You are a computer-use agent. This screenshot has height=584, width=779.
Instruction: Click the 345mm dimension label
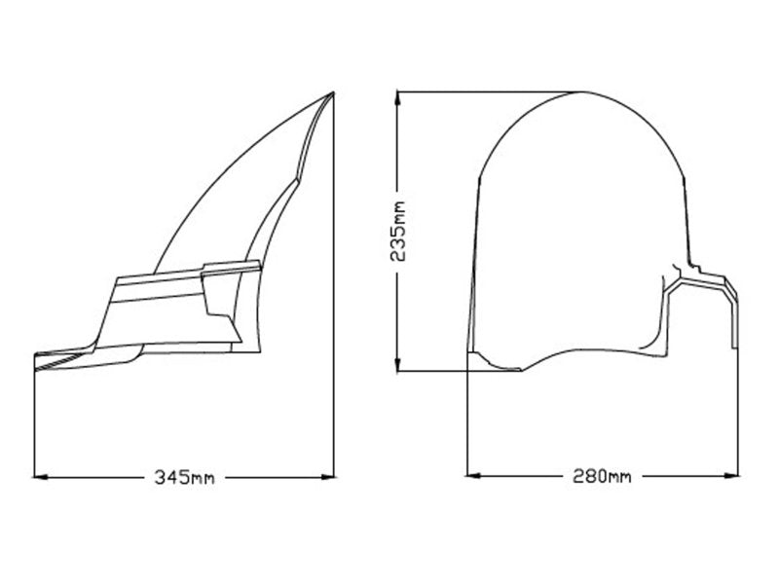click(x=184, y=477)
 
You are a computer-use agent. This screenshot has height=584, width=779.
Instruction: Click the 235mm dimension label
click(x=398, y=231)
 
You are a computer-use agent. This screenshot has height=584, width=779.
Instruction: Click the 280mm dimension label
click(x=602, y=476)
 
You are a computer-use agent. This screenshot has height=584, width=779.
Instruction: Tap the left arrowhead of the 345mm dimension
click(x=40, y=477)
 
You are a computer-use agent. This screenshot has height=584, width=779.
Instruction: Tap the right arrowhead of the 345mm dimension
click(x=328, y=477)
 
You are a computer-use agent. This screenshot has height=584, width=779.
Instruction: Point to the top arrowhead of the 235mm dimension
click(x=397, y=98)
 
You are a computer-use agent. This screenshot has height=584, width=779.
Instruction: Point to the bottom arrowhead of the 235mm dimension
click(x=397, y=364)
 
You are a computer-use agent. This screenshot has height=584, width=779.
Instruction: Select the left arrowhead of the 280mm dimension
click(x=474, y=476)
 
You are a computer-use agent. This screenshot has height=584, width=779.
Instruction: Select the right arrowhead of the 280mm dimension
click(x=732, y=476)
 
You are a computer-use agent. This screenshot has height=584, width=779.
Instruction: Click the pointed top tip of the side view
click(x=333, y=92)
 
